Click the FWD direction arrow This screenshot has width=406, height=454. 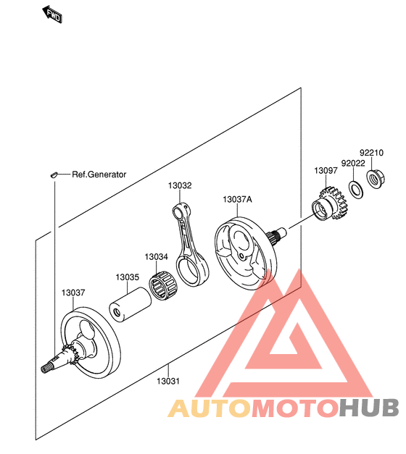pos(52,14)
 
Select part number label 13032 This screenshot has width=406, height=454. pos(180,185)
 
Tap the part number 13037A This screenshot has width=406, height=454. pos(237,199)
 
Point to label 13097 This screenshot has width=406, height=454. pos(326,171)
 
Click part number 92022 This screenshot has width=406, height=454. pos(353,164)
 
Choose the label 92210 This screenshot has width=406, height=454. pos(371,153)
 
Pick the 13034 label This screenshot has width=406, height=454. pos(157,257)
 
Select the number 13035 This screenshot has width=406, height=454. pos(128,277)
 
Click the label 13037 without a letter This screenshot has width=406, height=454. pos(73,293)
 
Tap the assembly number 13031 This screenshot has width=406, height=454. pos(168,381)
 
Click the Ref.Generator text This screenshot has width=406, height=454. pos(99,175)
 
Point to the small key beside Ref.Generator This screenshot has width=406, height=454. pos(54,175)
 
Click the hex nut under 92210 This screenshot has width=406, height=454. pos(376,180)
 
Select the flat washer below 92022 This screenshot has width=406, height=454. pos(356,190)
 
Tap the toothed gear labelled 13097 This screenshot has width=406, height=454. pos(330,204)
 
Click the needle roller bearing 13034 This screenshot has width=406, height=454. pos(164,285)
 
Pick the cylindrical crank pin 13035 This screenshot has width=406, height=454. pos(130,305)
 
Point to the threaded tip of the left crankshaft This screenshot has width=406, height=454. pos(45,369)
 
